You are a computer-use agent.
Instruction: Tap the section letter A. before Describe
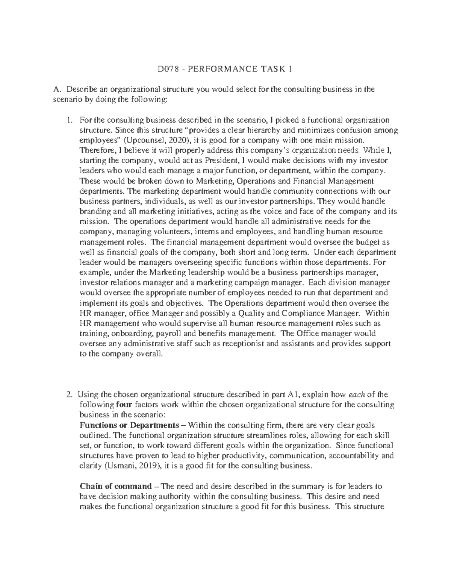(57, 89)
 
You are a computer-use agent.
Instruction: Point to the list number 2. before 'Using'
(69, 394)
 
